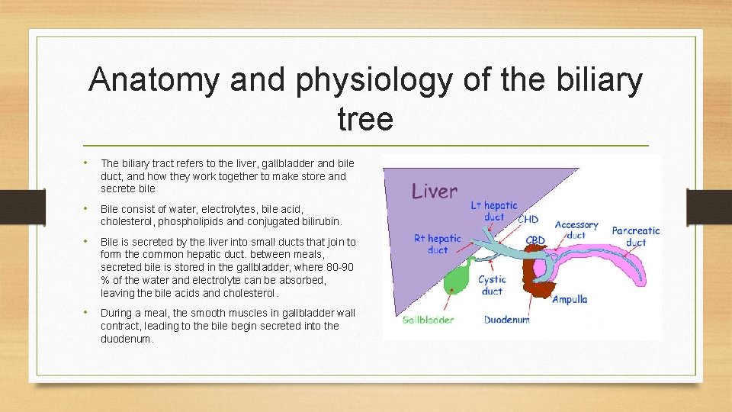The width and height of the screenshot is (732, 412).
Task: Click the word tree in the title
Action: [364, 119]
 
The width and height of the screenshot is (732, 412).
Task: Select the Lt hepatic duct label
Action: [494, 211]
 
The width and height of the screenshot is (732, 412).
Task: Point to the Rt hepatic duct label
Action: [437, 243]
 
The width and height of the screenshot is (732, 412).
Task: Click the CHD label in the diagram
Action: [528, 220]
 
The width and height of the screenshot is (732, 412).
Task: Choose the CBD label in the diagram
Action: [535, 240]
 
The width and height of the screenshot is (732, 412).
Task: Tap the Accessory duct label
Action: [576, 230]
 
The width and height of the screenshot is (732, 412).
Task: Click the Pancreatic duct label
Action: [635, 236]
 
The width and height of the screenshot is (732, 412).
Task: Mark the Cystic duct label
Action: [492, 285]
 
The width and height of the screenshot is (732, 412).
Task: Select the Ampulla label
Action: [570, 299]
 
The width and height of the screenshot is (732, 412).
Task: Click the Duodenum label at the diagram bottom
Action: [506, 320]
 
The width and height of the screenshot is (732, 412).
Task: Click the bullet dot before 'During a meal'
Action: [88, 313]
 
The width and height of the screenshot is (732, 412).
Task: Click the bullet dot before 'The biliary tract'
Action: [88, 163]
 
